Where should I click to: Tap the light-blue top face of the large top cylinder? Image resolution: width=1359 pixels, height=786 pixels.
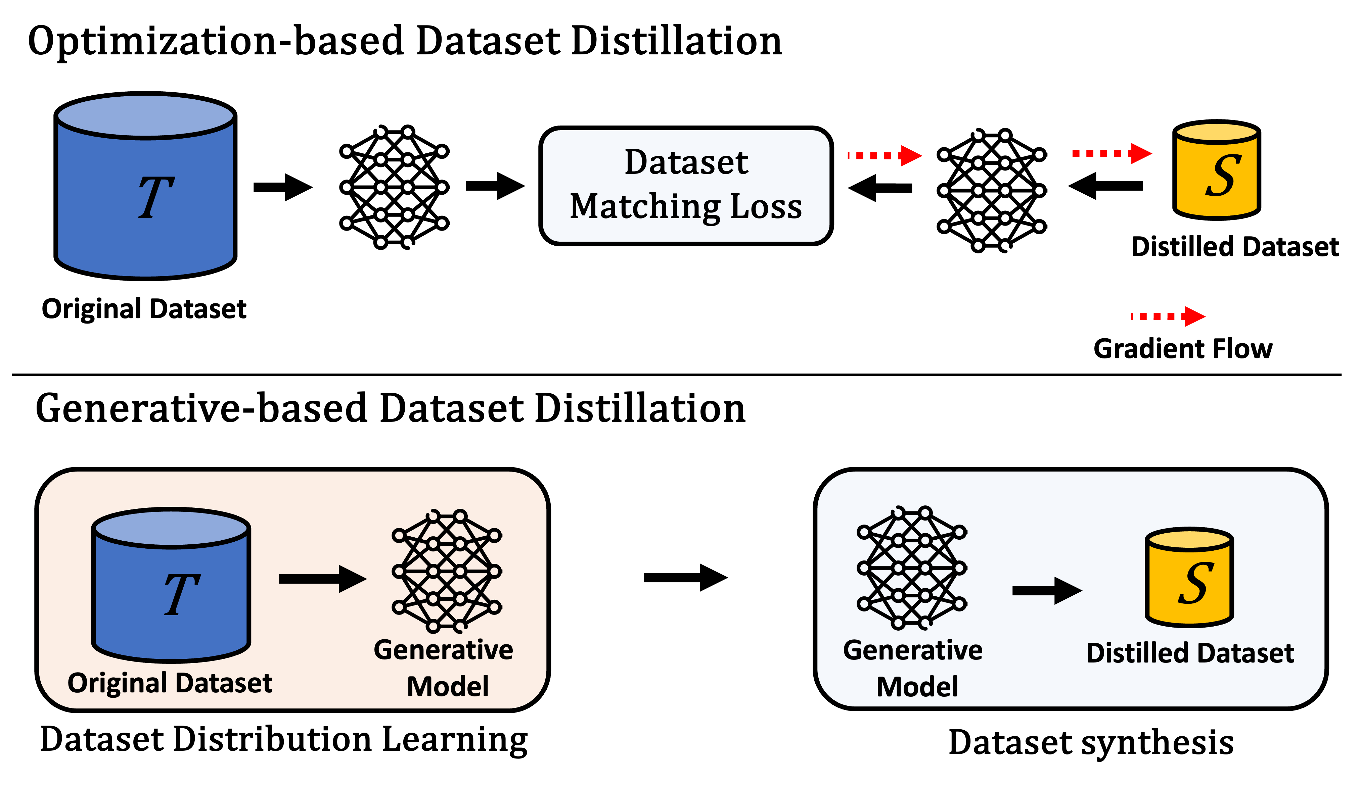pyautogui.click(x=145, y=115)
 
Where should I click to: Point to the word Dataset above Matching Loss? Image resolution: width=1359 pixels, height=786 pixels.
pyautogui.click(x=686, y=162)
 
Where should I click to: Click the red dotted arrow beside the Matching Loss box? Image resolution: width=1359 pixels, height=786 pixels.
pyautogui.click(x=885, y=156)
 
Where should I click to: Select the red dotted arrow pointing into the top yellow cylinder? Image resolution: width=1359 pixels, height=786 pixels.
pyautogui.click(x=1112, y=154)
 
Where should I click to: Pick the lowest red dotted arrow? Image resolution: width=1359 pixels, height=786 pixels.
pyautogui.click(x=1168, y=316)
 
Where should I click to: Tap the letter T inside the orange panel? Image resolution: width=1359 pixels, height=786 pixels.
pyautogui.click(x=182, y=594)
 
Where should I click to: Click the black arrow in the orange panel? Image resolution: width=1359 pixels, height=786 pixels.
pyautogui.click(x=322, y=579)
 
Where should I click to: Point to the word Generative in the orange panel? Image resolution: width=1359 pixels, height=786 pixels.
pyautogui.click(x=443, y=650)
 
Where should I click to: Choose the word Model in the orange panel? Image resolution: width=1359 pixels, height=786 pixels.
pyautogui.click(x=448, y=687)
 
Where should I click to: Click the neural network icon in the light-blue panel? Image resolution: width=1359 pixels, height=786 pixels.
pyautogui.click(x=911, y=568)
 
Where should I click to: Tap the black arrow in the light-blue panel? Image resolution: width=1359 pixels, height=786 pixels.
pyautogui.click(x=1047, y=591)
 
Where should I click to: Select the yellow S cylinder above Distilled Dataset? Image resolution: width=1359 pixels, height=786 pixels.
pyautogui.click(x=1189, y=577)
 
